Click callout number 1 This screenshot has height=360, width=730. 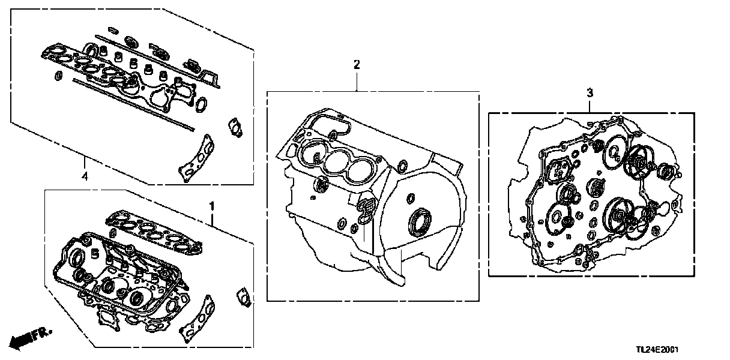[211, 206]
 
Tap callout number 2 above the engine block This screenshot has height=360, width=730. [357, 65]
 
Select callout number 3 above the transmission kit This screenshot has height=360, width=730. [589, 92]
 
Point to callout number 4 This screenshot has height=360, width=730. [84, 176]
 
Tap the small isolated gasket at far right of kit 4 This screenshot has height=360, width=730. [234, 128]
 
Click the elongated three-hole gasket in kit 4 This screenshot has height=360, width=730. [198, 155]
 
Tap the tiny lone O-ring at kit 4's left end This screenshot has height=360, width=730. [58, 76]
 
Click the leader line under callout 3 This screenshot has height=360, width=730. [589, 104]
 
